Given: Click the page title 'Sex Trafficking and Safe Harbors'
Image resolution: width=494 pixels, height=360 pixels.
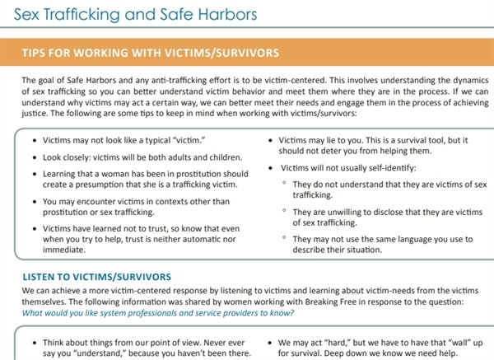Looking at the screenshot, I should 129,16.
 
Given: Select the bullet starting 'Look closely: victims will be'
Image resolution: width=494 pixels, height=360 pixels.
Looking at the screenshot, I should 135,157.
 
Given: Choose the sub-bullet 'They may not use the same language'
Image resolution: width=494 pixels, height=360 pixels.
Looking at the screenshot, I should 381,244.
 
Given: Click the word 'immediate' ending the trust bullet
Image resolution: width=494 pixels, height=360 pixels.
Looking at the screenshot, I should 65,249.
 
